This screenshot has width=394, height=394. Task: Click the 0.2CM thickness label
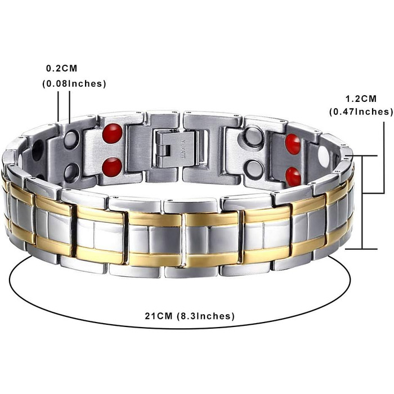coord(61,68)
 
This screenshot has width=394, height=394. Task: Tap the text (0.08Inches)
coord(74,84)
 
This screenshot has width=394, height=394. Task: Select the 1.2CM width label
coord(361,99)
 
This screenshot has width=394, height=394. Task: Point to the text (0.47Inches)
coord(361,111)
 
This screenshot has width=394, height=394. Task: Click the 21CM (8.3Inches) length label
coord(190,316)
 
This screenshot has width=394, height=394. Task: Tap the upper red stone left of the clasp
coord(113,133)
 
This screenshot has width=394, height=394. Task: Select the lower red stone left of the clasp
coord(112,167)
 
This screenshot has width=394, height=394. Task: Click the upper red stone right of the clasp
coord(293,144)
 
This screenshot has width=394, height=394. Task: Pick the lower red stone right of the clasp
coord(293,176)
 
